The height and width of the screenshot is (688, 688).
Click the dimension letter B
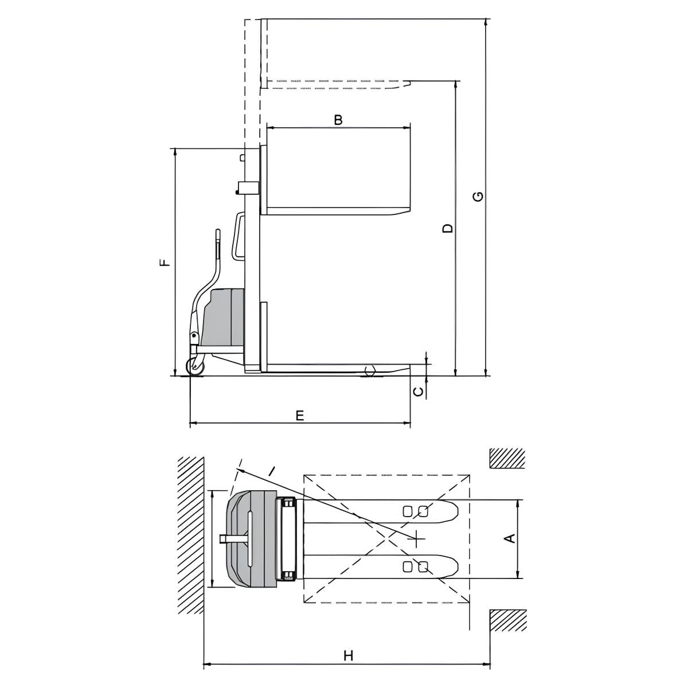(x=338, y=120)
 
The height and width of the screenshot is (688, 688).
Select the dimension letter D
(x=447, y=228)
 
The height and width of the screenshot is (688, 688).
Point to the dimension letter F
(x=165, y=263)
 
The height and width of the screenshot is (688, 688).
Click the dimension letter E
(x=300, y=415)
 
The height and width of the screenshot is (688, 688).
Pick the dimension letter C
(x=418, y=392)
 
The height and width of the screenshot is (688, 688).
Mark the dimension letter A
(x=511, y=538)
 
